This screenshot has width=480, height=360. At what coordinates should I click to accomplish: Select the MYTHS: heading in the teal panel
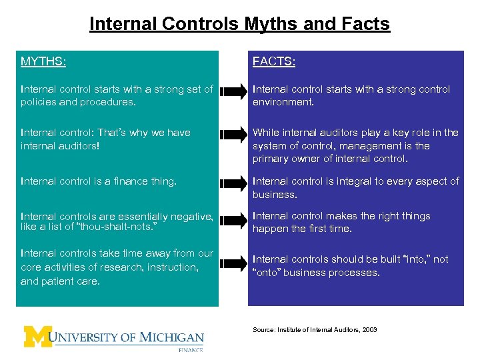coord(43,61)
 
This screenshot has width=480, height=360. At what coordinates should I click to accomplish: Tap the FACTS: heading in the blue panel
coord(274,61)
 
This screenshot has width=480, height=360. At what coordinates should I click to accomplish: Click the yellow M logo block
coord(37,337)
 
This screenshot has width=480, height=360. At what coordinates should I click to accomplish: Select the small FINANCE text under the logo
coord(190,349)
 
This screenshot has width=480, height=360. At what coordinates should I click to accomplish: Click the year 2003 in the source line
coord(369,330)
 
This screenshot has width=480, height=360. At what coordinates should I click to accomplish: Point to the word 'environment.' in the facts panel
coord(283,103)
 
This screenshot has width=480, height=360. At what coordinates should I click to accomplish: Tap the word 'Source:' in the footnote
coord(263,330)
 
